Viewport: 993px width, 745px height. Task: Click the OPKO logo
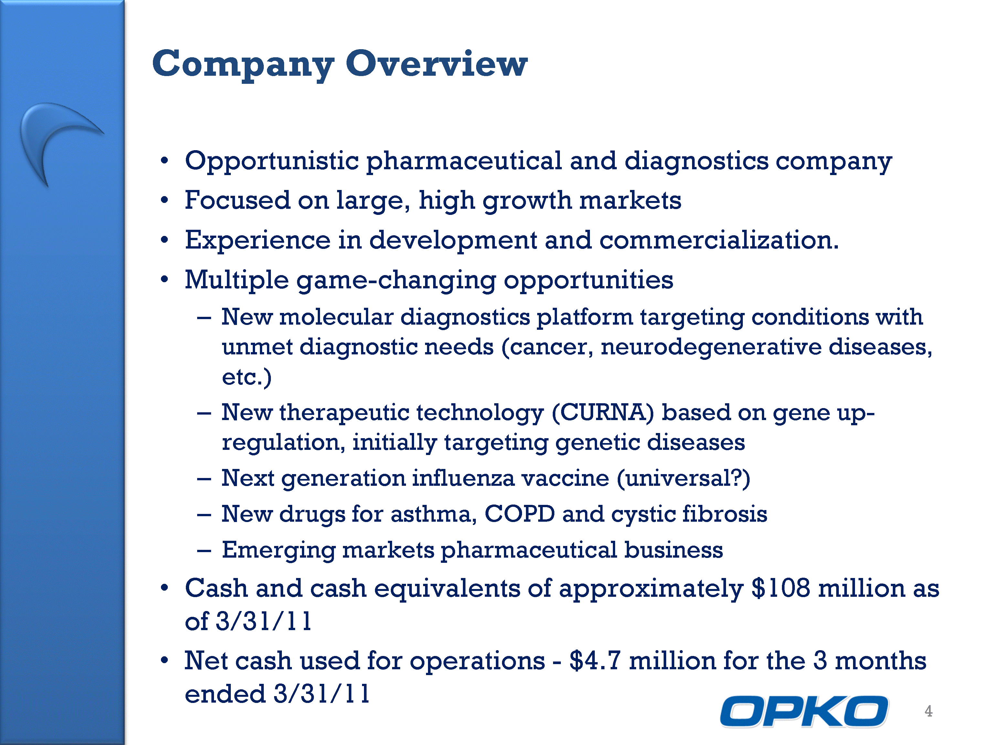(x=804, y=711)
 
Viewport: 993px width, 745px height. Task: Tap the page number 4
(x=928, y=711)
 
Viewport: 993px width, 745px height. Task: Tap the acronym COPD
(x=519, y=514)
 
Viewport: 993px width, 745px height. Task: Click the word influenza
(x=463, y=478)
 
